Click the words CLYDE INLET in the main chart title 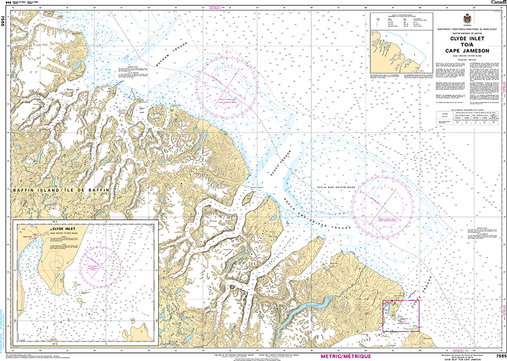pyautogui.click(x=461, y=39)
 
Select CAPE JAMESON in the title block pyautogui.click(x=461, y=51)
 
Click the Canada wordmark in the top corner pyautogui.click(x=498, y=3)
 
